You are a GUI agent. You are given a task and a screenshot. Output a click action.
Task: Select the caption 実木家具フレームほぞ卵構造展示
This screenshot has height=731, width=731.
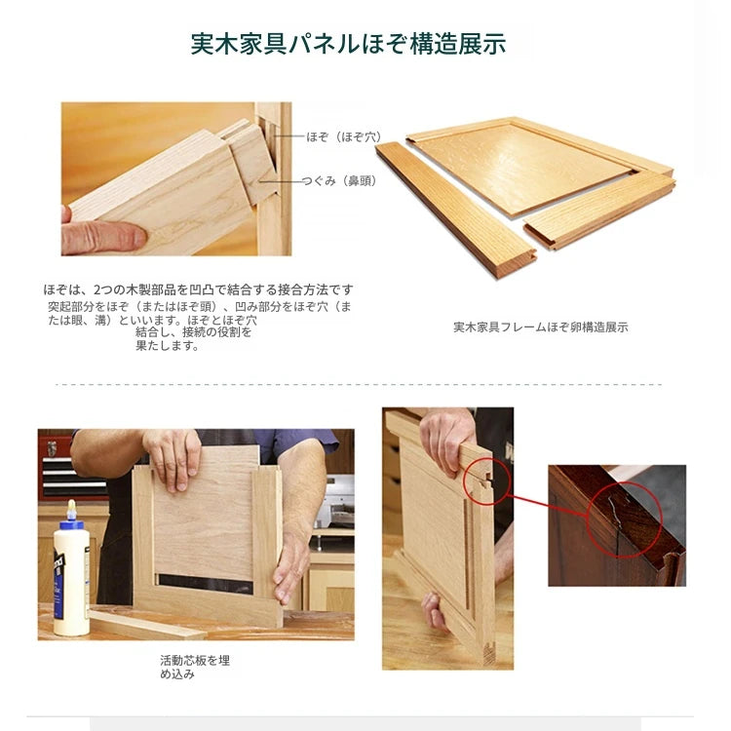click(540, 327)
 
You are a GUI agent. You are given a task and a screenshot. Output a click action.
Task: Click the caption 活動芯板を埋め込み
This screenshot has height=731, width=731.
click(194, 667)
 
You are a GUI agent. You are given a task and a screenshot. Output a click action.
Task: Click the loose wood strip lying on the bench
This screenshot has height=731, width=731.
click(146, 624)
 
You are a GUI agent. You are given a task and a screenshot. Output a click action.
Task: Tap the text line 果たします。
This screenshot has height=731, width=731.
click(167, 346)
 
